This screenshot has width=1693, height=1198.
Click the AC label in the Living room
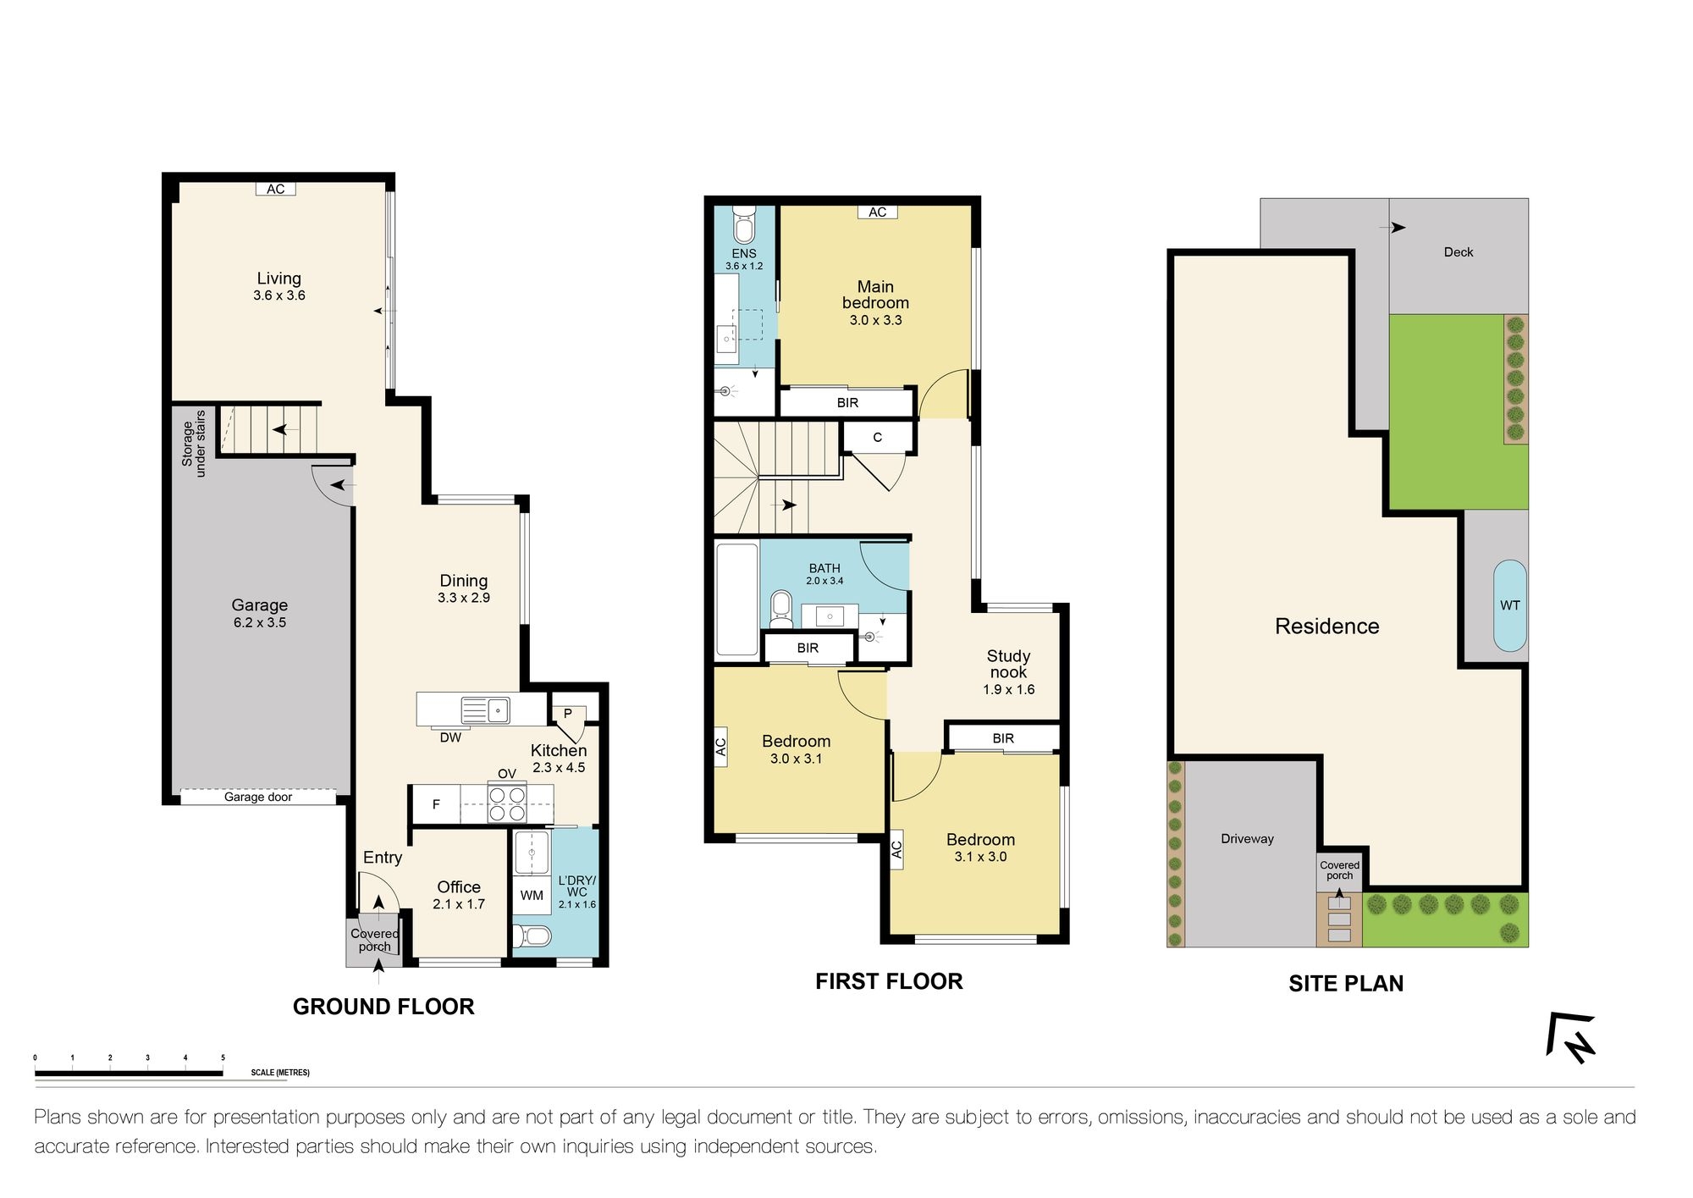(276, 189)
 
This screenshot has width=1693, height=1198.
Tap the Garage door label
(258, 797)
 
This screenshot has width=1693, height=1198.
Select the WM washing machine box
(532, 895)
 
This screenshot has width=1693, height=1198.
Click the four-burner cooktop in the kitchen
(506, 803)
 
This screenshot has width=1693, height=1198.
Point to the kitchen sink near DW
(485, 709)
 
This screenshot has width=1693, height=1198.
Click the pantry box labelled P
(568, 713)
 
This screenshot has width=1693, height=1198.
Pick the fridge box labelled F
(436, 804)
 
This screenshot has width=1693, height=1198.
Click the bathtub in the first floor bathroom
(736, 599)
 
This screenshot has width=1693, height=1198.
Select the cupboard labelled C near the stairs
(878, 437)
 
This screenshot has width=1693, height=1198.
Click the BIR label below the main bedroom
(847, 402)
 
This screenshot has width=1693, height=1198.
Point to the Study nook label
(1008, 664)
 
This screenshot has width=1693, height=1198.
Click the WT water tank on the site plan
(1509, 605)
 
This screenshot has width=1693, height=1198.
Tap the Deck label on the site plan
(1458, 252)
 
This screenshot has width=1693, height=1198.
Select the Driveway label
(1247, 838)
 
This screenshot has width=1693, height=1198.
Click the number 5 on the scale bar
(223, 1057)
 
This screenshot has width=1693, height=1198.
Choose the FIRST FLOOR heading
(889, 981)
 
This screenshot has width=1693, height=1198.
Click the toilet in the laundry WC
(533, 936)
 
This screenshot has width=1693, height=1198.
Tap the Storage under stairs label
(194, 444)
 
